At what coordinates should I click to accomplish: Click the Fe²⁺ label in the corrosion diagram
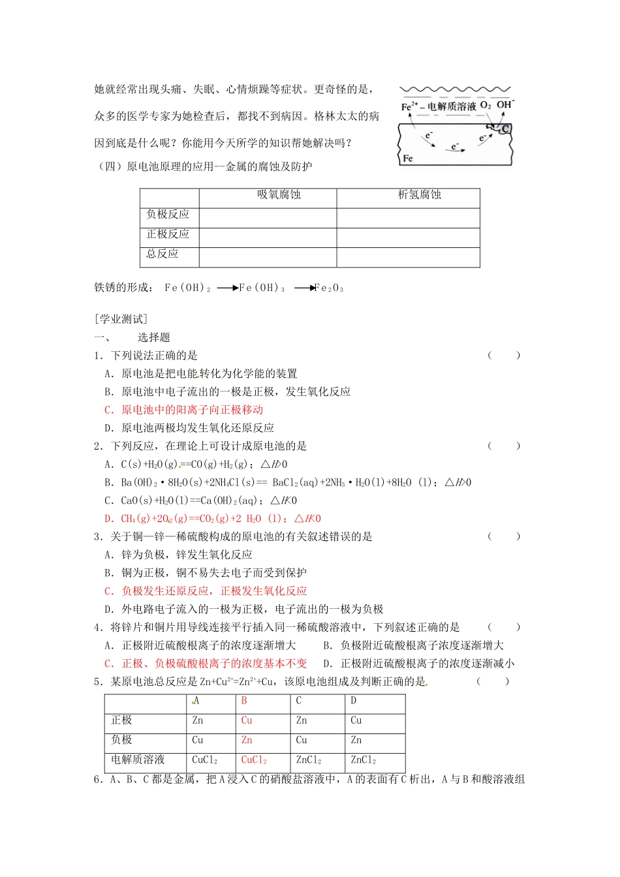(x=409, y=106)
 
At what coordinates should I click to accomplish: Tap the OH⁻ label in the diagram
(x=505, y=104)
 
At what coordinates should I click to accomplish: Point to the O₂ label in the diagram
(x=486, y=105)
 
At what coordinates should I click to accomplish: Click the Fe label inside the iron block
(x=408, y=158)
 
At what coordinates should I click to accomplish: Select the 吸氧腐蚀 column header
(x=279, y=194)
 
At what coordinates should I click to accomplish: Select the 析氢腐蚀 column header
(x=420, y=194)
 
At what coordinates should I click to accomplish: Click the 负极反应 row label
(x=168, y=214)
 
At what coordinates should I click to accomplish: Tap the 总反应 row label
(x=163, y=253)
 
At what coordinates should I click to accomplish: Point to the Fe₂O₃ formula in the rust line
(x=329, y=288)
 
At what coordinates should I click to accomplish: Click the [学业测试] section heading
(x=121, y=318)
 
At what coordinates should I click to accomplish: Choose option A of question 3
(x=178, y=555)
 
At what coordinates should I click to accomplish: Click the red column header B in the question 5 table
(x=244, y=701)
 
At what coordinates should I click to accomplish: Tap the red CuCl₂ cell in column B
(x=254, y=760)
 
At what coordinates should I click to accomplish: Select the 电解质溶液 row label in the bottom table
(x=138, y=760)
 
